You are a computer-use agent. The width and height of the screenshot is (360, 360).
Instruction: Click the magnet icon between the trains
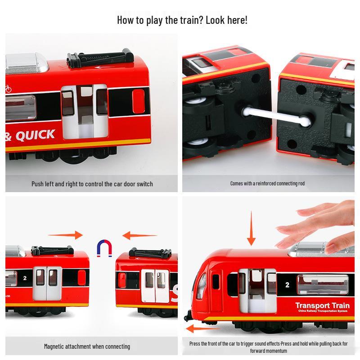(x=104, y=248)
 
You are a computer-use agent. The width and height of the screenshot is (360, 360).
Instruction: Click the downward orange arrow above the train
(x=251, y=230)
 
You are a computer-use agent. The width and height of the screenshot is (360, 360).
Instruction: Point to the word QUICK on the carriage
(x=35, y=135)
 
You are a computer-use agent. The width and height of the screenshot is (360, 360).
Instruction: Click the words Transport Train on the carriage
(x=322, y=306)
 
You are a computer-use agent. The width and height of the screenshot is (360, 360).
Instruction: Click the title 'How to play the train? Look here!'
(x=182, y=20)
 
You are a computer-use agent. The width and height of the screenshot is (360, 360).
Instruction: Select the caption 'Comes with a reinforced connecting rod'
(x=267, y=184)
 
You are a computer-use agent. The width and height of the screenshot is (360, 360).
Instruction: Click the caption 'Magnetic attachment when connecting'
(x=87, y=346)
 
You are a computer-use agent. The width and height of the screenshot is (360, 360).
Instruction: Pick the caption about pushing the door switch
(x=92, y=184)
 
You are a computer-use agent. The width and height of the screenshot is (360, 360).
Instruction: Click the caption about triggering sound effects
(x=268, y=346)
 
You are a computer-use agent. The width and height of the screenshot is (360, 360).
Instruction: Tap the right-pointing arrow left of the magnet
(x=65, y=235)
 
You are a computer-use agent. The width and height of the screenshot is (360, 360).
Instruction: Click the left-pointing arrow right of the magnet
(x=140, y=235)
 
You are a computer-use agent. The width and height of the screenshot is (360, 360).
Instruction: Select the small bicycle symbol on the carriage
(x=8, y=89)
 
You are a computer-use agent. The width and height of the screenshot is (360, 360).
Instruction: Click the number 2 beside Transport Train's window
(x=288, y=285)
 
